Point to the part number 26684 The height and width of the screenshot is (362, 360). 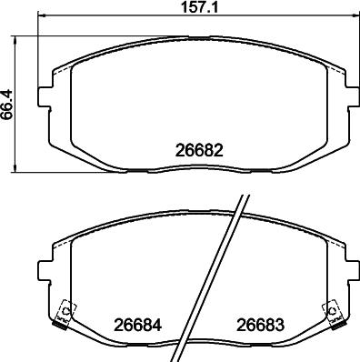coord(134,324)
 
